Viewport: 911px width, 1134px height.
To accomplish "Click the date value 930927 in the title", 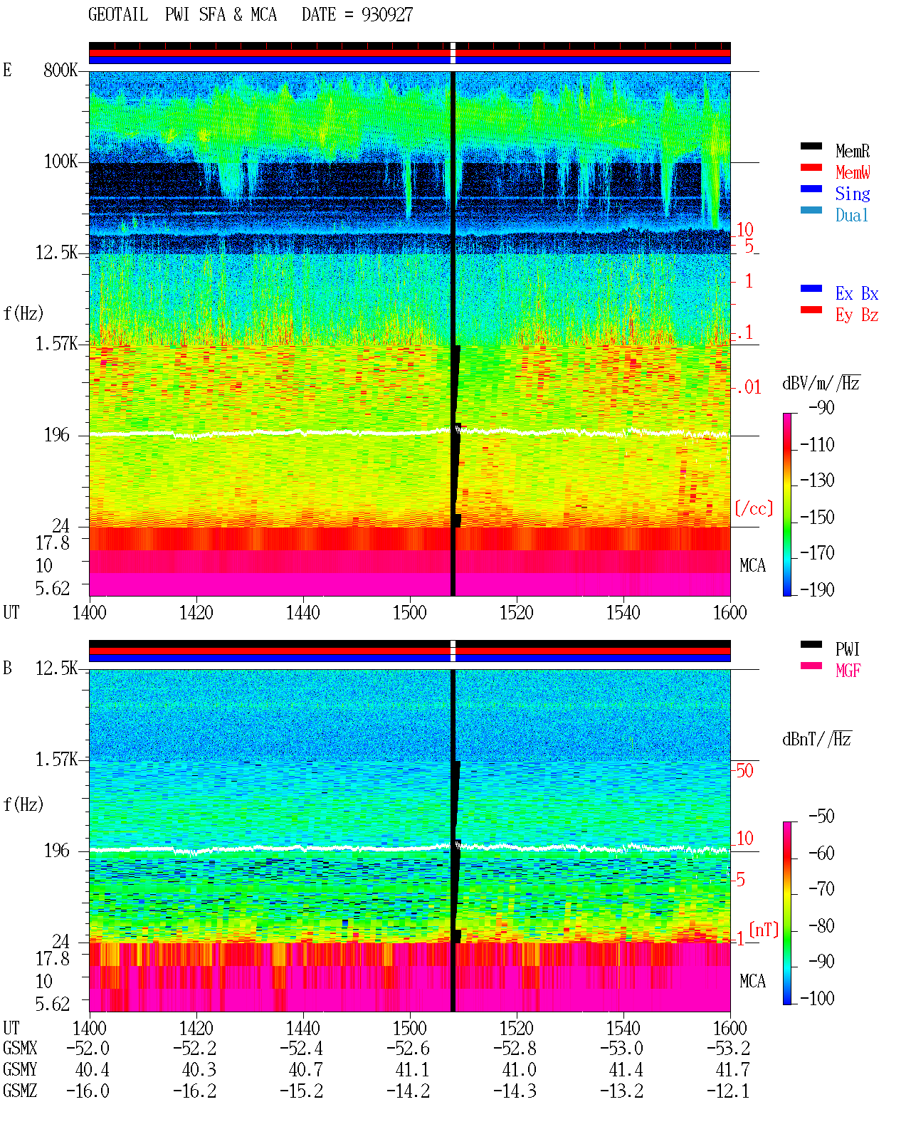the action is (386, 15).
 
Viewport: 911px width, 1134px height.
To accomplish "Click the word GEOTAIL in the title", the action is (118, 15).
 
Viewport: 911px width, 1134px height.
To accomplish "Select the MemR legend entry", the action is (852, 151).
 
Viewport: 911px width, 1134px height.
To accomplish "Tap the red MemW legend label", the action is (853, 172).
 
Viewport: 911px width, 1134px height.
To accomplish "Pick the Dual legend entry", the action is (851, 215).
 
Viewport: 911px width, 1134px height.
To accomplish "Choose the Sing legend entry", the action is (852, 194).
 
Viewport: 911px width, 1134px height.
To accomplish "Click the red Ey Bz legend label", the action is (857, 315).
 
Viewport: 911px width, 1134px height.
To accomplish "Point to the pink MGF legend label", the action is (848, 671).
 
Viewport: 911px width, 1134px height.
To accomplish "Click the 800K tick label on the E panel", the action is (60, 70).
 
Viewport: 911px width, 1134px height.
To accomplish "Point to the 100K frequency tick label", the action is (60, 162).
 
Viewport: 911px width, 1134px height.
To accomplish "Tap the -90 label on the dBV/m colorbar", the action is (821, 407).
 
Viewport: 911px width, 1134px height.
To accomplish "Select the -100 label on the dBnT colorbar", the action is (817, 998).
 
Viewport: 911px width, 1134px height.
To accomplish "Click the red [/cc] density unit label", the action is (754, 508).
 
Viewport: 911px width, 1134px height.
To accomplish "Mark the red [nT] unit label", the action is (764, 930).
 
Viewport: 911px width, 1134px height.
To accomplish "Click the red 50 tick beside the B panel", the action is (744, 771).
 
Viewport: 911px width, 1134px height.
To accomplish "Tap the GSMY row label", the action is (20, 1069).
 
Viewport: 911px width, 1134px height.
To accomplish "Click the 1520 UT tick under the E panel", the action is (517, 613).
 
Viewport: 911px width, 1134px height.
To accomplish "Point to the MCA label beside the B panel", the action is (752, 981).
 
